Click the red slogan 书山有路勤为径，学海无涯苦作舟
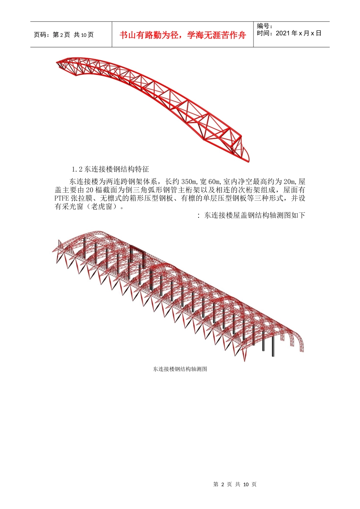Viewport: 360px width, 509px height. (x=183, y=35)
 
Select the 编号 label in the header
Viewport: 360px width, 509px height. (x=265, y=26)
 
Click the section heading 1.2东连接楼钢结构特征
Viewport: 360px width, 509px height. (x=110, y=169)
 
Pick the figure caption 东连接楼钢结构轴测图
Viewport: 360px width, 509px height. (x=180, y=369)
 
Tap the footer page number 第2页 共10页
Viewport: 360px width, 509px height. (x=235, y=484)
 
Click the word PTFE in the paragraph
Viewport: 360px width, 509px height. (x=62, y=198)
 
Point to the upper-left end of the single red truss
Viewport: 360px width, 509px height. (x=58, y=62)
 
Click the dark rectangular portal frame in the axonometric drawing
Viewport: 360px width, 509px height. (x=137, y=254)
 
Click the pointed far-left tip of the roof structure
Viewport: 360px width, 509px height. (x=53, y=250)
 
